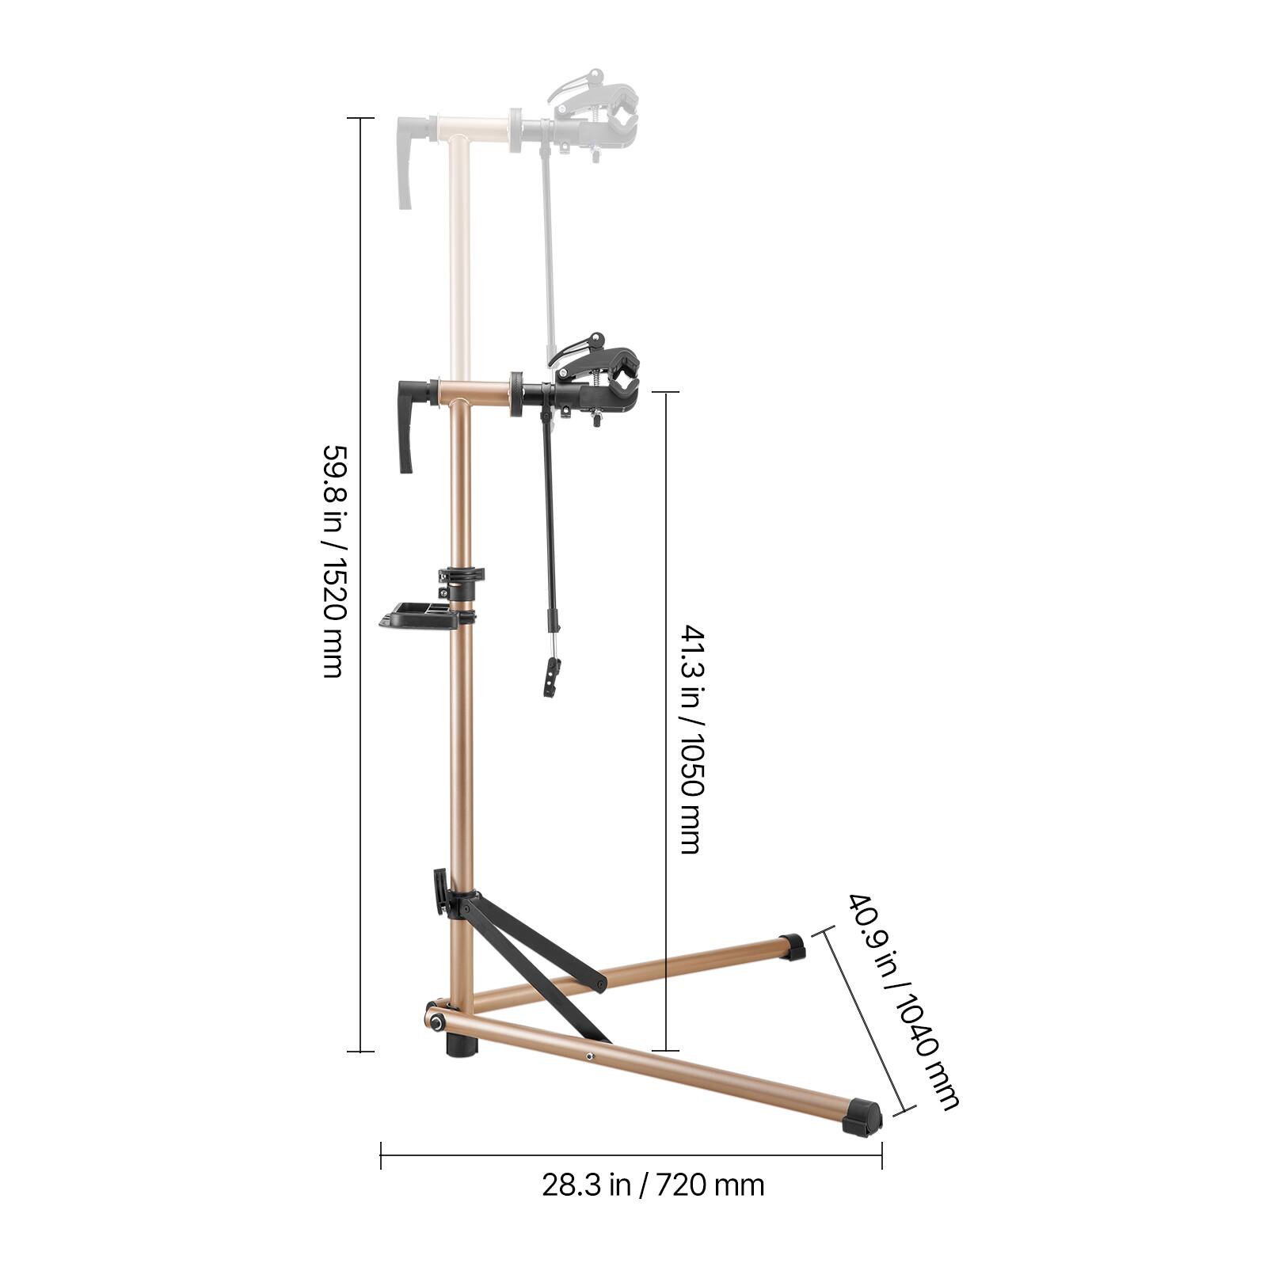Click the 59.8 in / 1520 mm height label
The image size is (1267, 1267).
click(x=333, y=560)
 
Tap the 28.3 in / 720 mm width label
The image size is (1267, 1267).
click(x=653, y=1185)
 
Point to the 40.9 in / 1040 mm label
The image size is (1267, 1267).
click(x=903, y=1002)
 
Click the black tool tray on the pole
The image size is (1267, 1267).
click(x=418, y=616)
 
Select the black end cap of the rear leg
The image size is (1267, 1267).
click(x=792, y=946)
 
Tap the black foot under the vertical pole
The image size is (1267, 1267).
click(x=462, y=1044)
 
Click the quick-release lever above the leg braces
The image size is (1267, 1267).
click(x=440, y=891)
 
